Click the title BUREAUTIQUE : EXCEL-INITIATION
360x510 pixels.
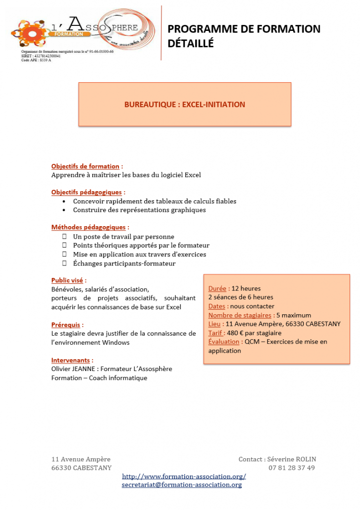[x=184, y=105]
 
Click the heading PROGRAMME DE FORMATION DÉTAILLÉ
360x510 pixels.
[x=244, y=36]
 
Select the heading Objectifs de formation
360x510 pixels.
[x=85, y=166]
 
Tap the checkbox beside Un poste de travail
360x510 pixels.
[x=64, y=237]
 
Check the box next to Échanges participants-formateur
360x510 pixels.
[x=64, y=263]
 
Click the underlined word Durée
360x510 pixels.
[x=217, y=288]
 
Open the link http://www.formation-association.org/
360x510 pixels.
[x=184, y=477]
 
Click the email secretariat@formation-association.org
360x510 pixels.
[x=182, y=485]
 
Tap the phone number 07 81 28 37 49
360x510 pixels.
[x=292, y=468]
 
